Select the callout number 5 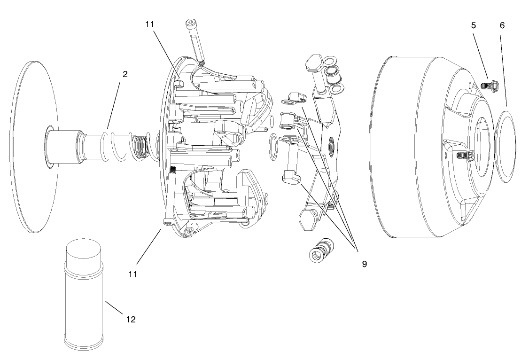coord(474,25)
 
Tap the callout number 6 coord(502,25)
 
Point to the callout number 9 coord(364,264)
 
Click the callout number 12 coord(131,319)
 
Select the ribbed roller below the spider coord(321,249)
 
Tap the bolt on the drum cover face coord(463,155)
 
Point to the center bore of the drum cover coord(482,141)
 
